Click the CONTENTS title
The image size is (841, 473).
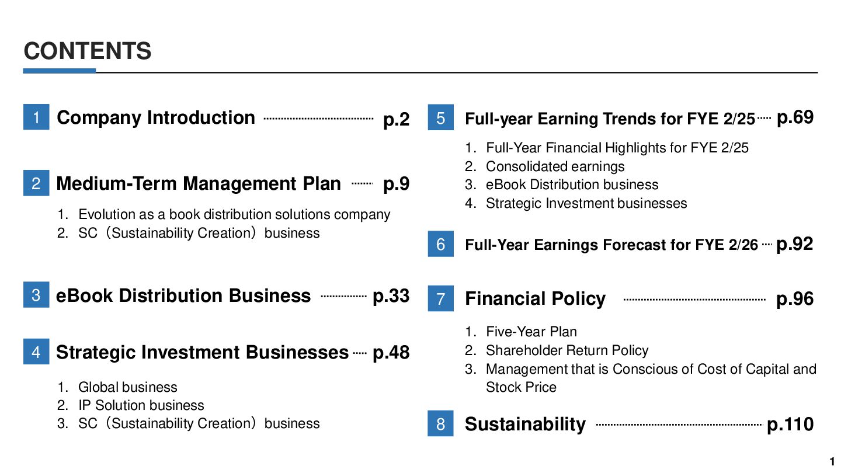point(88,51)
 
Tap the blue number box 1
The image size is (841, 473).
point(36,117)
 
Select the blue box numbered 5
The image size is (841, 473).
point(441,117)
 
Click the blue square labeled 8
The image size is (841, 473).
point(440,423)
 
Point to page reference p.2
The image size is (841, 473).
point(396,119)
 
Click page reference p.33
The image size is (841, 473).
point(391,296)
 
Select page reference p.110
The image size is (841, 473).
point(790,425)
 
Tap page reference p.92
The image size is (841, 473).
point(794,244)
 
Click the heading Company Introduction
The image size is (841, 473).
point(156,118)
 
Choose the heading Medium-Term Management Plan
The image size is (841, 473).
point(199,183)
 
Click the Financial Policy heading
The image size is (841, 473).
point(535,299)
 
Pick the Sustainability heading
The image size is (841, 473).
point(525,425)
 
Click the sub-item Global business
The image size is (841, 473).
point(128,387)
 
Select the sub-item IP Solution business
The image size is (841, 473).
point(141,405)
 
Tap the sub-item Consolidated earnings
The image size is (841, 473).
point(555,166)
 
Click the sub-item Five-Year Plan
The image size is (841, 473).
point(531,332)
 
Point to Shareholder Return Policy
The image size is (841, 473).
point(567,350)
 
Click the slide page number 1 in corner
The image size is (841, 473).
point(832,461)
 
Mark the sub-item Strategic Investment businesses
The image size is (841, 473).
point(586,203)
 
